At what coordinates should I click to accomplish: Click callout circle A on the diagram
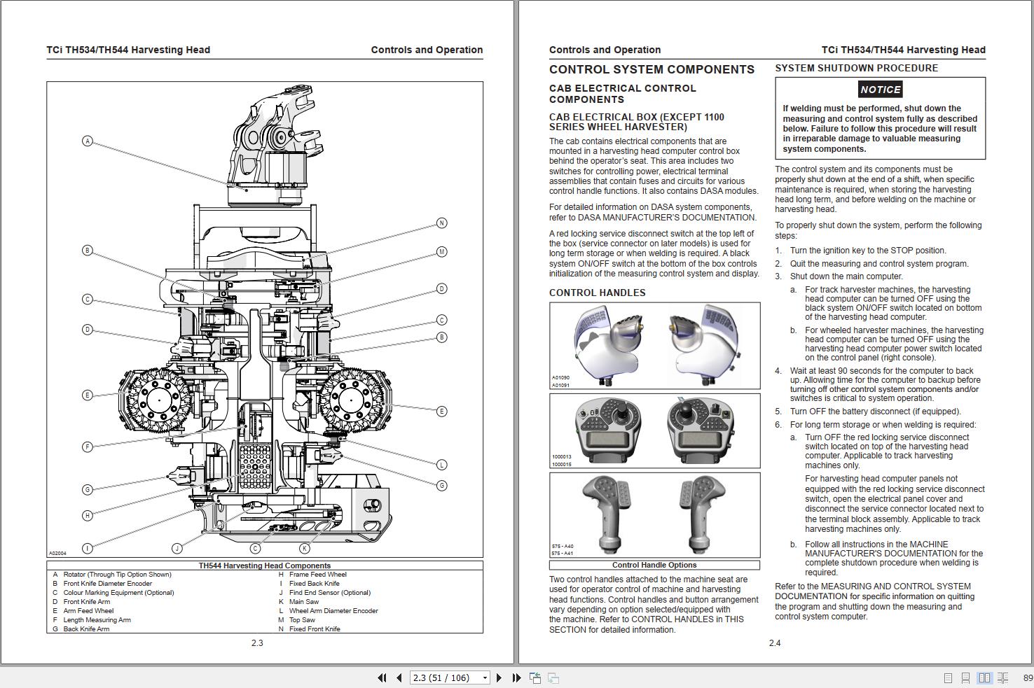pyautogui.click(x=88, y=141)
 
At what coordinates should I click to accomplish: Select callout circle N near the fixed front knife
pyautogui.click(x=441, y=223)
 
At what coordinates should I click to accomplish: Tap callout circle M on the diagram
pyautogui.click(x=441, y=252)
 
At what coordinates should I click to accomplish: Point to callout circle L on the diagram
pyautogui.click(x=441, y=465)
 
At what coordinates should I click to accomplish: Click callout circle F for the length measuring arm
pyautogui.click(x=88, y=447)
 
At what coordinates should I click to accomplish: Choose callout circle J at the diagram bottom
pyautogui.click(x=177, y=548)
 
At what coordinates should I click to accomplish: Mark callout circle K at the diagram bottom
pyautogui.click(x=305, y=549)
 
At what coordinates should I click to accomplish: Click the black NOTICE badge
pyautogui.click(x=880, y=90)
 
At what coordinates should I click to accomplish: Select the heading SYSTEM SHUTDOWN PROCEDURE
pyautogui.click(x=856, y=69)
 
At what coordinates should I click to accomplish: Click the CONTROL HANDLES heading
pyautogui.click(x=597, y=293)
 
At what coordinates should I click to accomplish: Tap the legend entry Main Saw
pyautogui.click(x=303, y=602)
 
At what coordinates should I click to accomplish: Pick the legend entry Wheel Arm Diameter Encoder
pyautogui.click(x=333, y=611)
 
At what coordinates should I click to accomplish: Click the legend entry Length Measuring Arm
pyautogui.click(x=97, y=620)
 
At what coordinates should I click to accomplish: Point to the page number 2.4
pyautogui.click(x=774, y=643)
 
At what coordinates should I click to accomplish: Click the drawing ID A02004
pyautogui.click(x=57, y=553)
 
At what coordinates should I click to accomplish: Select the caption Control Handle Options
pyautogui.click(x=654, y=566)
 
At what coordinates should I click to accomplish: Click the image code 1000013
pyautogui.click(x=561, y=457)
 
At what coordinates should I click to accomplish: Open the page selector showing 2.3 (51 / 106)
pyautogui.click(x=450, y=678)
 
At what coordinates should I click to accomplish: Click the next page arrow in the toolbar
pyautogui.click(x=499, y=678)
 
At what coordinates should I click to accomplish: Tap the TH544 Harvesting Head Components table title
pyautogui.click(x=264, y=566)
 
